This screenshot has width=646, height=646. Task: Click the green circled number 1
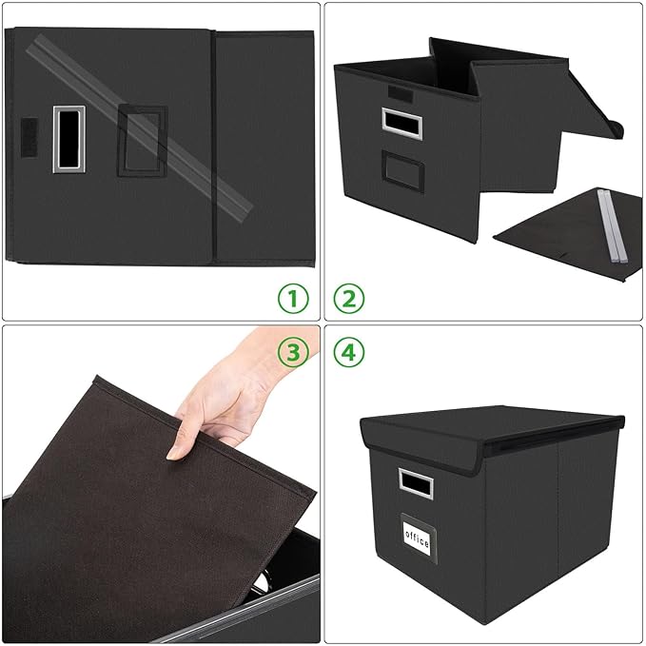tap(294, 299)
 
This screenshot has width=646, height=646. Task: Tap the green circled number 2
tap(349, 299)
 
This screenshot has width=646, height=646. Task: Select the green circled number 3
tap(294, 353)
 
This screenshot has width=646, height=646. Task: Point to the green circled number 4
tap(349, 353)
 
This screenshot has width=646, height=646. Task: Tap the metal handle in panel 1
tap(68, 139)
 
